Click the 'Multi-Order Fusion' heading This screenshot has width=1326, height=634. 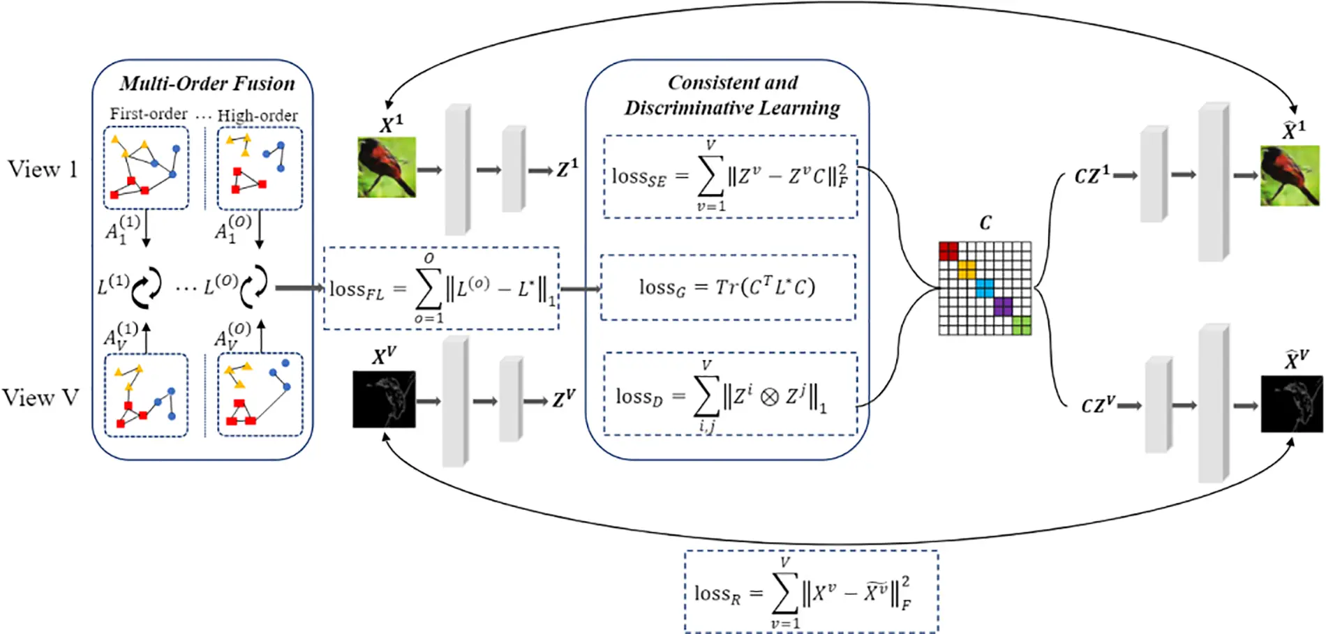click(207, 84)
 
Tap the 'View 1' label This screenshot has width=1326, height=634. click(42, 169)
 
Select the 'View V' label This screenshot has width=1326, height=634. click(40, 398)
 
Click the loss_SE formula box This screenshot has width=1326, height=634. click(730, 176)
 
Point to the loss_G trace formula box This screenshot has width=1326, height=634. click(727, 287)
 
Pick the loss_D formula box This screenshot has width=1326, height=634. click(729, 395)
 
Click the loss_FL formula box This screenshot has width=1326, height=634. click(441, 288)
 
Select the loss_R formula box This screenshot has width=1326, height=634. click(811, 592)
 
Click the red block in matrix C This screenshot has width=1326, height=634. click(948, 250)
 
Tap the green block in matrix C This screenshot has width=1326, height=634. click(1021, 325)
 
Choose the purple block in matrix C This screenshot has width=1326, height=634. click(1003, 306)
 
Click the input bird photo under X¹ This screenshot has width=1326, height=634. click(387, 167)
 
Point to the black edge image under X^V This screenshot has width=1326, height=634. click(384, 399)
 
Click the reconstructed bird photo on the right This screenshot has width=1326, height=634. click(1289, 175)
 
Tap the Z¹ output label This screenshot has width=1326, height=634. click(567, 168)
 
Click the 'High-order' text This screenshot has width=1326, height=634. click(258, 115)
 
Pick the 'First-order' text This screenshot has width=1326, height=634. click(148, 114)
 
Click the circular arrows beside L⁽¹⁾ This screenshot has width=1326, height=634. click(147, 287)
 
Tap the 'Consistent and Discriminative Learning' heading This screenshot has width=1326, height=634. click(732, 96)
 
